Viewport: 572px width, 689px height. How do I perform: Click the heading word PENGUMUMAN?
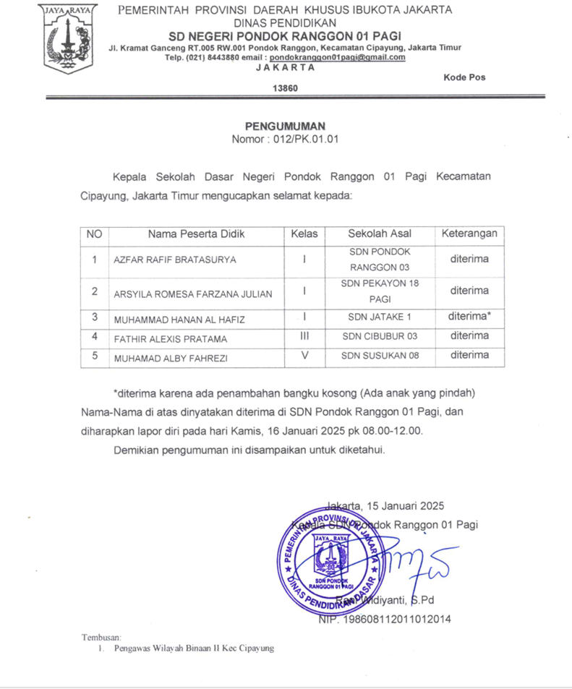pyautogui.click(x=285, y=126)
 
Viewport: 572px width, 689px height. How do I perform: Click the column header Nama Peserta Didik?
pyautogui.click(x=196, y=234)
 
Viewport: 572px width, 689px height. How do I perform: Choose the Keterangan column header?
pyautogui.click(x=469, y=234)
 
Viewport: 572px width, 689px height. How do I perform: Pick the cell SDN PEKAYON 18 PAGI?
pyautogui.click(x=380, y=291)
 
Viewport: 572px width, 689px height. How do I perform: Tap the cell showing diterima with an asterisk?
pyautogui.click(x=469, y=316)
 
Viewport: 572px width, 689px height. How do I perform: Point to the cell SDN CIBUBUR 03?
pyautogui.click(x=380, y=336)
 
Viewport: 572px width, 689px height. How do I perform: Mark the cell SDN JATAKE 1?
pyautogui.click(x=380, y=317)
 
